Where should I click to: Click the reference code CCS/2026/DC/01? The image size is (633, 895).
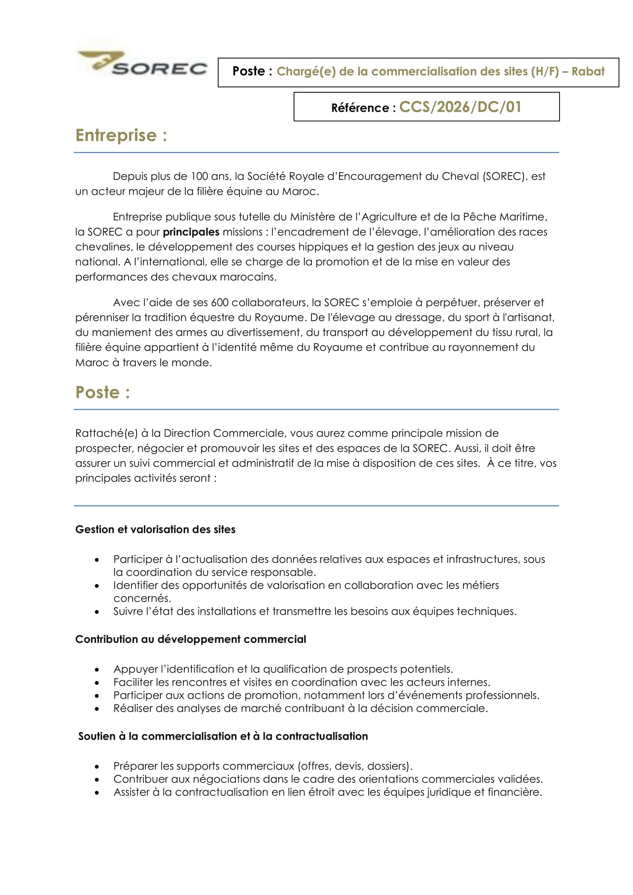(x=460, y=107)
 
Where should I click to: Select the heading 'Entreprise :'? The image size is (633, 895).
(x=121, y=135)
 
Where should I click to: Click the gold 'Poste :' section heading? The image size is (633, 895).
(x=103, y=392)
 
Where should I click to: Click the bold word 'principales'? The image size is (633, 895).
(x=191, y=232)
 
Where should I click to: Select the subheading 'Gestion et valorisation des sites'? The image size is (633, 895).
(x=155, y=529)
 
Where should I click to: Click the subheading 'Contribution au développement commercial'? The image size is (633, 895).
(x=191, y=639)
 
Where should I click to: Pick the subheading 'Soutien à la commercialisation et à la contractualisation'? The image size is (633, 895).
(x=223, y=736)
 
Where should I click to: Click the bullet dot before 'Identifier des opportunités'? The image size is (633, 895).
(x=97, y=586)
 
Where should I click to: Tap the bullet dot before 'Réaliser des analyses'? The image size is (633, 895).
(x=97, y=709)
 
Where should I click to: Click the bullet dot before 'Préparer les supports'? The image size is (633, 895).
(x=97, y=766)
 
